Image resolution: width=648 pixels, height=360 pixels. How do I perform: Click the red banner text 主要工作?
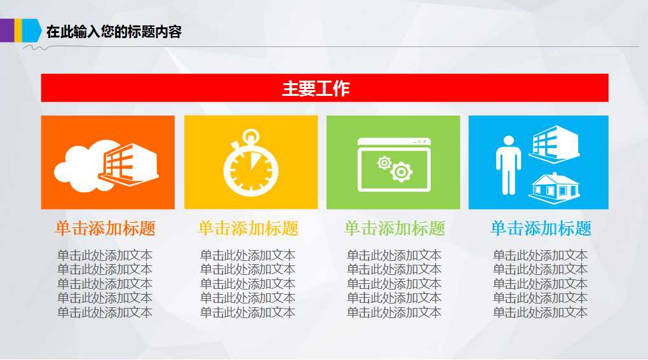point(316,89)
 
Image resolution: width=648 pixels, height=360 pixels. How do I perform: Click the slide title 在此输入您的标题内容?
point(114,31)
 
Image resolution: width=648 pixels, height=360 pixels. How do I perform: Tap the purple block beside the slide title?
point(7,29)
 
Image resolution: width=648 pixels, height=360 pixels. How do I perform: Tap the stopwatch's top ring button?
point(252,135)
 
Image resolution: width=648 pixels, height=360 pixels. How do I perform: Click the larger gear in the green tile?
point(402,171)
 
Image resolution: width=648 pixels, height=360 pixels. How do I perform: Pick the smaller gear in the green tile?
point(384,163)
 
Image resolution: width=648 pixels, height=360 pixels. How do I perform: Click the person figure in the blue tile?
point(508,164)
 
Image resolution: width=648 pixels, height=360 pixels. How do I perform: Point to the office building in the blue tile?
point(553,142)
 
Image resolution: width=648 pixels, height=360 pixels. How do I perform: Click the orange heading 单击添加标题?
point(105,229)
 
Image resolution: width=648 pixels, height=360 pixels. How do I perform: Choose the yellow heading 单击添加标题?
point(248,229)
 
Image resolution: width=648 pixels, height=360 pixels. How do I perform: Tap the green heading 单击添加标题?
point(395,229)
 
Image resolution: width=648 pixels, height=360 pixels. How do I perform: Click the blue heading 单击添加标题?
point(541,229)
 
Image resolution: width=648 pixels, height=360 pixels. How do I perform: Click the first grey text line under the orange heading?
point(105,255)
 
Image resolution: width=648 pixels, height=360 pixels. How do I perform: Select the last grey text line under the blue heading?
point(541,312)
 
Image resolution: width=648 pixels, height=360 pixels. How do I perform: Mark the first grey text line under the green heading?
point(395,255)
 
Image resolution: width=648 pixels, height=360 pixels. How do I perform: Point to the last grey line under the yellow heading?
point(248,312)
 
